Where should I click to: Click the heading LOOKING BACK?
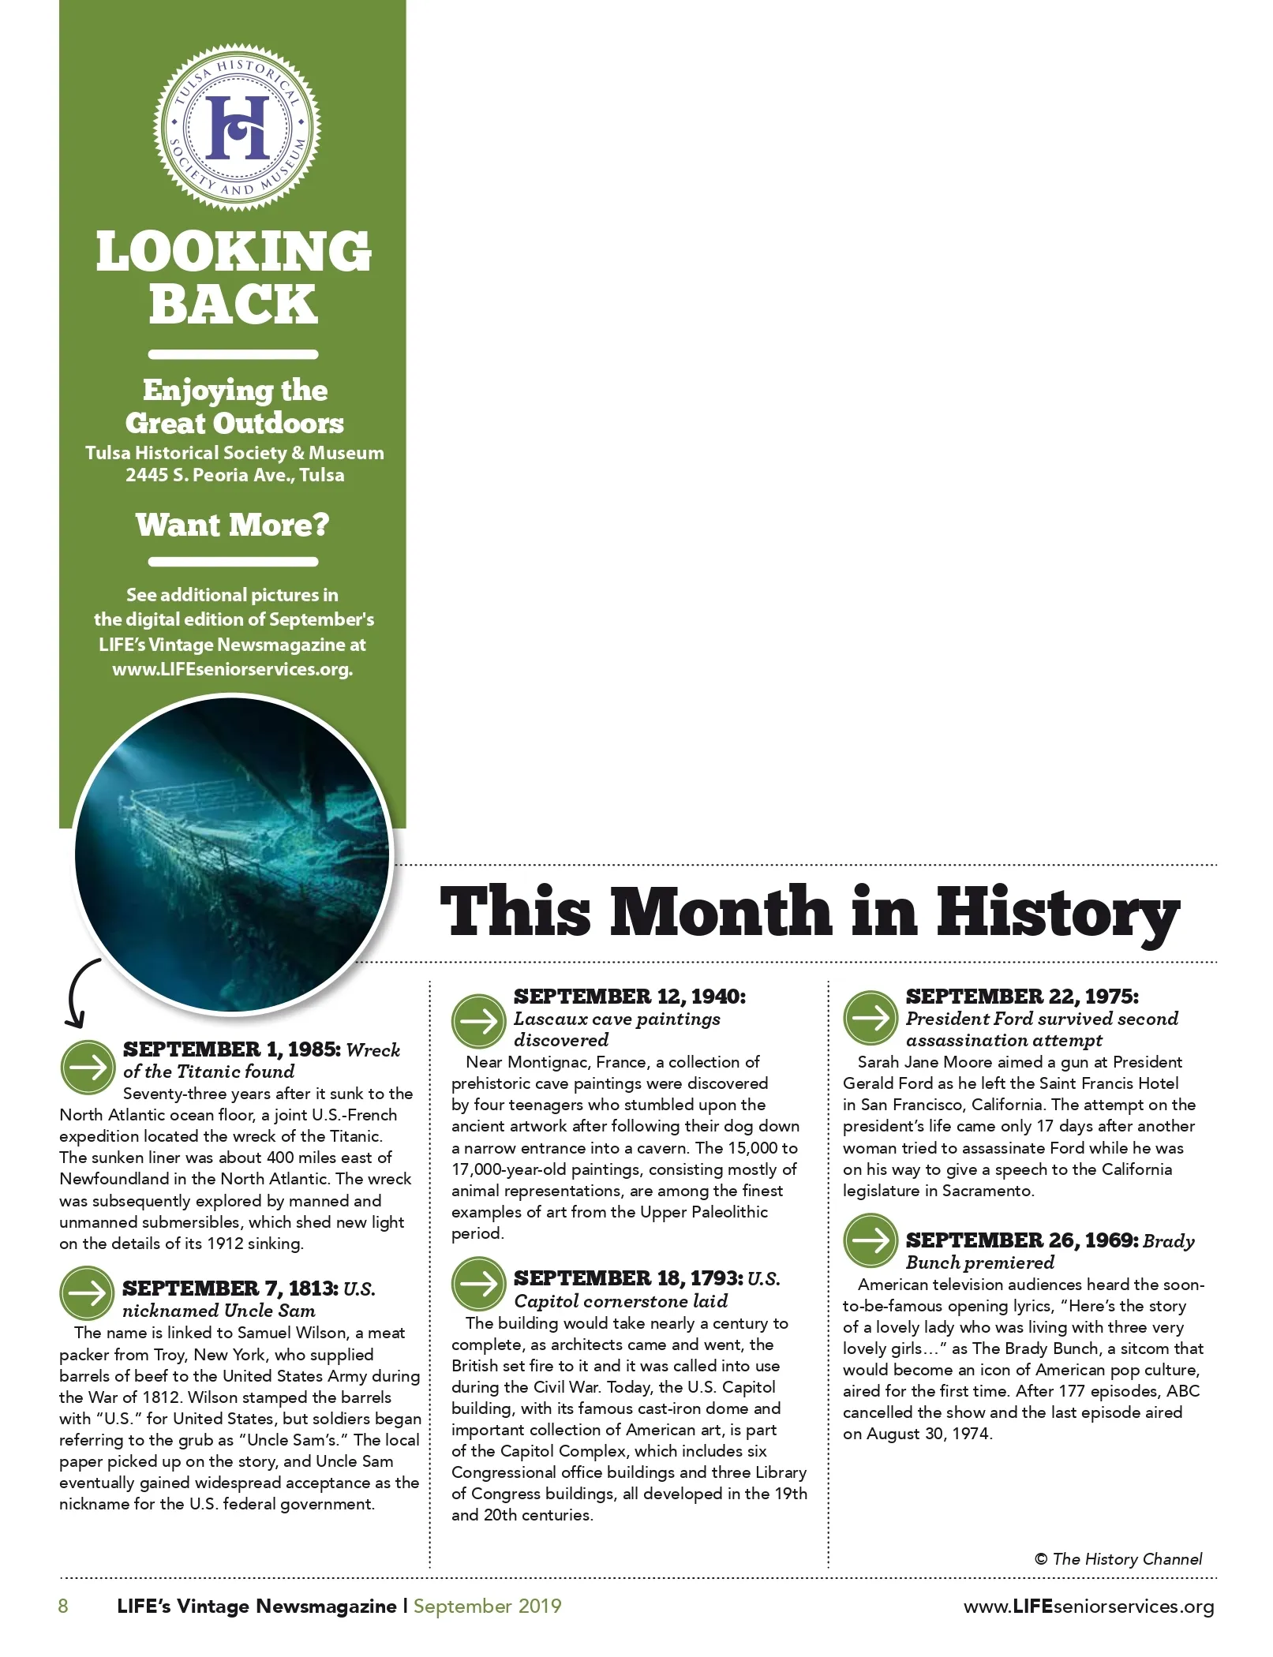tap(234, 278)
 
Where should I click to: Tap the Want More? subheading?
tap(233, 525)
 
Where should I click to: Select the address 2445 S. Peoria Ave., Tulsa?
tap(234, 475)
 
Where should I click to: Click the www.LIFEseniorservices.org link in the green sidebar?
tap(232, 669)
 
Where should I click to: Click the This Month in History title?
tap(809, 913)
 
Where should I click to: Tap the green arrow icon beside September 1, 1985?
tap(88, 1067)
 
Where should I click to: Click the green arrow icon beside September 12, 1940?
tap(478, 1021)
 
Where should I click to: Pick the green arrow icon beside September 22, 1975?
tap(871, 1018)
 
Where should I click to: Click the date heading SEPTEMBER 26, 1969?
tap(1021, 1240)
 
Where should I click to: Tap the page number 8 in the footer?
tap(63, 1607)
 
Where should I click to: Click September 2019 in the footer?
tap(487, 1607)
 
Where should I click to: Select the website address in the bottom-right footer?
tap(1088, 1607)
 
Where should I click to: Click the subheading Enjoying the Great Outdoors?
tap(234, 406)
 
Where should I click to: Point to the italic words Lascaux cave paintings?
tap(616, 1019)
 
